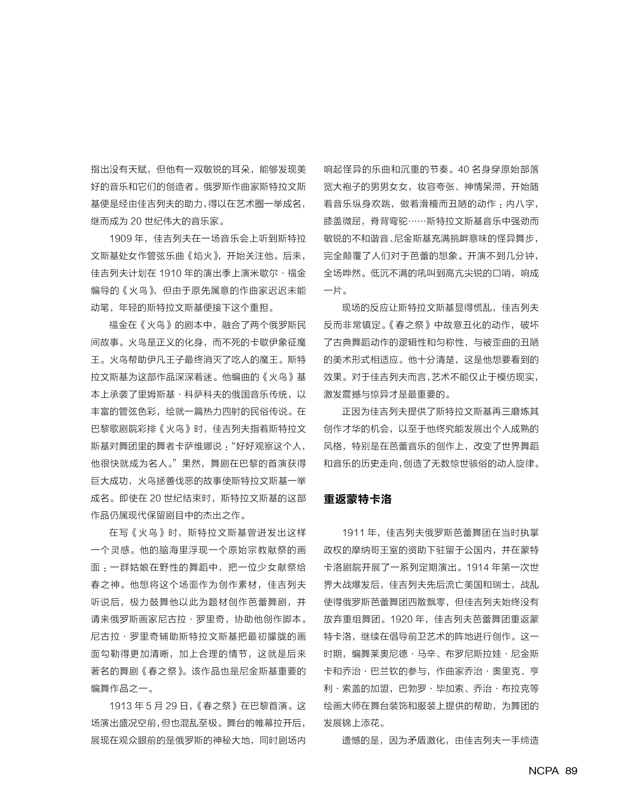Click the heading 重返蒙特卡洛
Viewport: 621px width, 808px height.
(357, 499)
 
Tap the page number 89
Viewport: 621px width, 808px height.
(571, 771)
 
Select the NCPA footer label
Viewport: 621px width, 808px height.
(543, 771)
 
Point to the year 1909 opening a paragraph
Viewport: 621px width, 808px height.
(121, 238)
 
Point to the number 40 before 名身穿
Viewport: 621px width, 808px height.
(463, 170)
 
